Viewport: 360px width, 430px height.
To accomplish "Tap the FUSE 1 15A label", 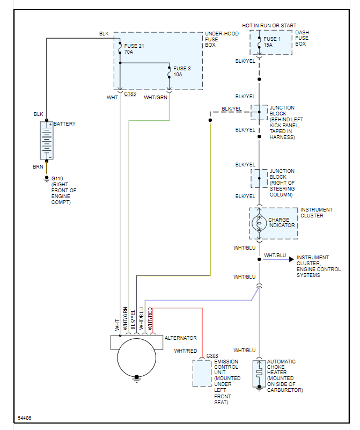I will (272, 42).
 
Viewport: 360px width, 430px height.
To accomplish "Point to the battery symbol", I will (47, 140).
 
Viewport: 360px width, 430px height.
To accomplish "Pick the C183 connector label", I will (130, 94).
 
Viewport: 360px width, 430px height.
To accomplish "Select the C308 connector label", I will (212, 355).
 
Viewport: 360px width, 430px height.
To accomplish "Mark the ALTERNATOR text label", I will (180, 338).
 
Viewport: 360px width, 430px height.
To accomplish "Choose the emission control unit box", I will (202, 373).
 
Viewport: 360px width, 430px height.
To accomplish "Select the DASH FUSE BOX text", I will (303, 38).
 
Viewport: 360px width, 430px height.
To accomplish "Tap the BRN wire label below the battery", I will (38, 167).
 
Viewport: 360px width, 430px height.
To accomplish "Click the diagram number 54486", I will (25, 418).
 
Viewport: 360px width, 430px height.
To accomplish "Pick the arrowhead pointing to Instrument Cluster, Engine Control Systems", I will (292, 259).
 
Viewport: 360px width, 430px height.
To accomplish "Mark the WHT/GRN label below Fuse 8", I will (156, 98).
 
